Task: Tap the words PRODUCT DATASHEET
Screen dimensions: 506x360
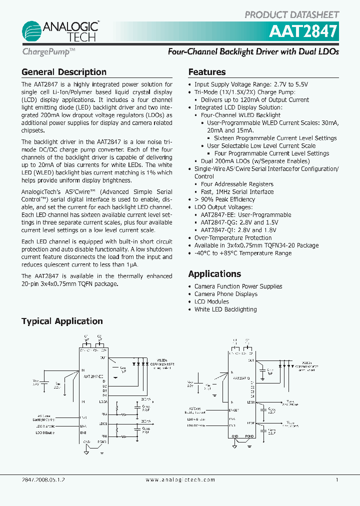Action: [x=291, y=15]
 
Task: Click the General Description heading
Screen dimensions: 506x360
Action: [x=63, y=72]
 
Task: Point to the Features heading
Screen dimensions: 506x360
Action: [x=206, y=72]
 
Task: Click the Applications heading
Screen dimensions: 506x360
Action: [x=214, y=274]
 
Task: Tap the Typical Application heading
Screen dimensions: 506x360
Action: [x=62, y=321]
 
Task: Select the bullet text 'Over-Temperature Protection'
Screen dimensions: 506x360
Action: [x=233, y=238]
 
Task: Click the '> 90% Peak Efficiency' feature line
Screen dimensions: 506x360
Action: [x=224, y=199]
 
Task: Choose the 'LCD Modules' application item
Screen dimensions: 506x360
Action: [x=211, y=301]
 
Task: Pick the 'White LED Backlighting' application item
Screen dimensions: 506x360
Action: [x=225, y=309]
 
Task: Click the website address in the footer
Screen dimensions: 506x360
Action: [x=180, y=479]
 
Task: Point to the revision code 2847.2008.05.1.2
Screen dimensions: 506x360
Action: [x=43, y=479]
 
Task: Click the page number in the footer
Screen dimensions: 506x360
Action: [x=337, y=479]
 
